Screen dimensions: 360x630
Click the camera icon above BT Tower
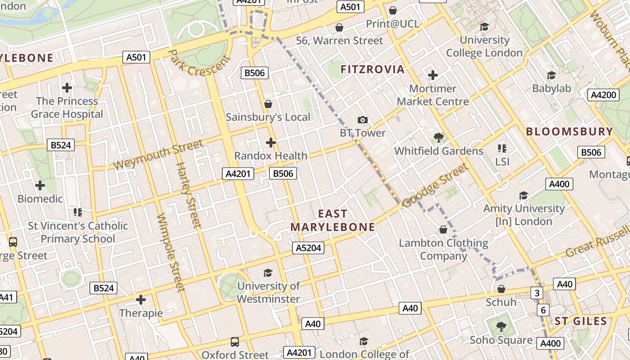pos(362,120)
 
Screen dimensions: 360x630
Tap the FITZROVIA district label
pos(373,69)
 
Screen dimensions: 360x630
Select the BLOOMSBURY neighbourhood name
pos(569,131)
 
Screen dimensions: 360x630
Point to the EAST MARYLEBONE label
pos(333,220)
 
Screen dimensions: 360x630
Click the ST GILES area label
pos(580,321)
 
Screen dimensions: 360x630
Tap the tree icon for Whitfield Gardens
pos(438,138)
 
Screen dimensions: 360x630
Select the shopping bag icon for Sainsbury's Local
pos(268,104)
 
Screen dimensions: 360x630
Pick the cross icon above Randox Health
pos(270,143)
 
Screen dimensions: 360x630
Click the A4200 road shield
pos(603,95)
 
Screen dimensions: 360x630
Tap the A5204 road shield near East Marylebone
pos(309,247)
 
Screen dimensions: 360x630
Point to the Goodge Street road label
pos(435,185)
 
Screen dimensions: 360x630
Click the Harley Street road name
pos(188,194)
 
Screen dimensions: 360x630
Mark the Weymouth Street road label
pos(158,155)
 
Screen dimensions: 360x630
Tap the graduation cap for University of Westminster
pos(268,273)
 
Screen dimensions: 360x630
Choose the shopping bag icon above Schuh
pos(501,289)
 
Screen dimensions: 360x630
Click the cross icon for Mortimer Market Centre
pos(432,75)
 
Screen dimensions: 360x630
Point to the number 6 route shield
pos(543,310)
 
